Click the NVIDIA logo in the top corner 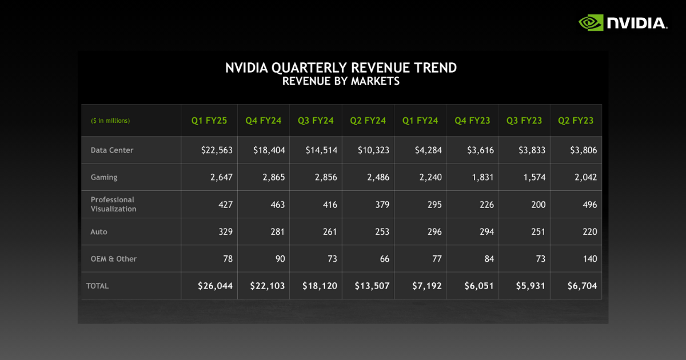click(623, 23)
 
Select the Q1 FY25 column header click(209, 121)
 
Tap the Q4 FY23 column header click(472, 121)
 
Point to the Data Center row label click(112, 150)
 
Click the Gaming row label click(104, 177)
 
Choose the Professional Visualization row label click(113, 204)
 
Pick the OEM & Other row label click(114, 259)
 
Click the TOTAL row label click(97, 286)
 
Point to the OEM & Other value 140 click(590, 259)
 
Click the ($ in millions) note click(110, 121)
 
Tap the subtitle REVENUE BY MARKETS click(341, 81)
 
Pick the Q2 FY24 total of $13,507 click(372, 286)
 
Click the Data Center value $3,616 click(478, 150)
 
